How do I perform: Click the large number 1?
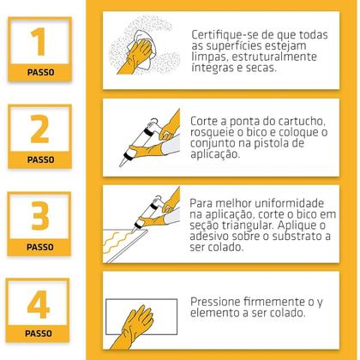pyautogui.click(x=39, y=42)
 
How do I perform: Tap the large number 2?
pyautogui.click(x=39, y=129)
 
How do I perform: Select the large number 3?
pyautogui.click(x=40, y=216)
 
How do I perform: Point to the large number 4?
pyautogui.click(x=39, y=304)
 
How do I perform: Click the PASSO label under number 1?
pyautogui.click(x=40, y=72)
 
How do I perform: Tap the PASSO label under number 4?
pyautogui.click(x=39, y=333)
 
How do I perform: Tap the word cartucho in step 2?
pyautogui.click(x=302, y=122)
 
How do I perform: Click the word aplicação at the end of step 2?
pyautogui.click(x=215, y=154)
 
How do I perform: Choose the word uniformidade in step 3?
pyautogui.click(x=289, y=203)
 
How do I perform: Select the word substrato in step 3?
pyautogui.click(x=295, y=237)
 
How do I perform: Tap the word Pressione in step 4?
pyautogui.click(x=215, y=302)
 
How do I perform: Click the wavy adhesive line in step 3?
pyautogui.click(x=117, y=242)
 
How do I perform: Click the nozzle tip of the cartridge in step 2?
pyautogui.click(x=121, y=165)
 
